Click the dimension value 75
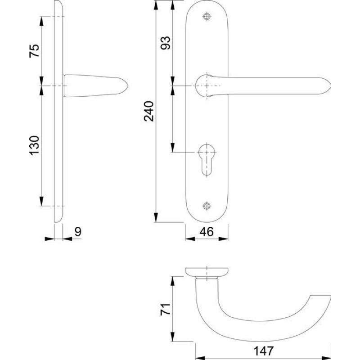35,51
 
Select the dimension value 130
35,145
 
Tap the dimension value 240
149,111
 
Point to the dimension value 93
165,43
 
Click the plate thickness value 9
78,232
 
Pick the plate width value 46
207,232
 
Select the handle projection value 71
165,309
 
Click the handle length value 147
263,351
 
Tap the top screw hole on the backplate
207,17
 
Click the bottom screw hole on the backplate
207,206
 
